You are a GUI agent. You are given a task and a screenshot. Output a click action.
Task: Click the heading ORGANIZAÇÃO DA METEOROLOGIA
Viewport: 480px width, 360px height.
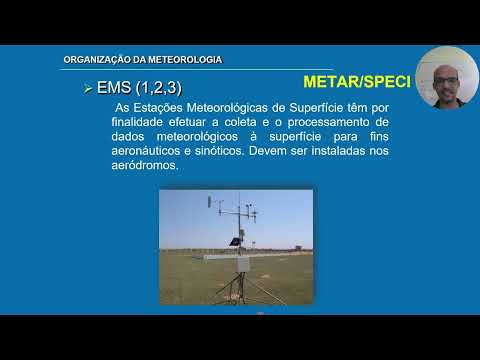(x=142, y=60)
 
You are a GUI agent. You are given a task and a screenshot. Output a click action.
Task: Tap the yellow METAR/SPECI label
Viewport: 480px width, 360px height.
(x=356, y=81)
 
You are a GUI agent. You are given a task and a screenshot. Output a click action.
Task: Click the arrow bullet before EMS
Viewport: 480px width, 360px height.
(x=88, y=90)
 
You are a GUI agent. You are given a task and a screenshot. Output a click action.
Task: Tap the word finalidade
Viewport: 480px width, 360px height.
(x=144, y=122)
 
